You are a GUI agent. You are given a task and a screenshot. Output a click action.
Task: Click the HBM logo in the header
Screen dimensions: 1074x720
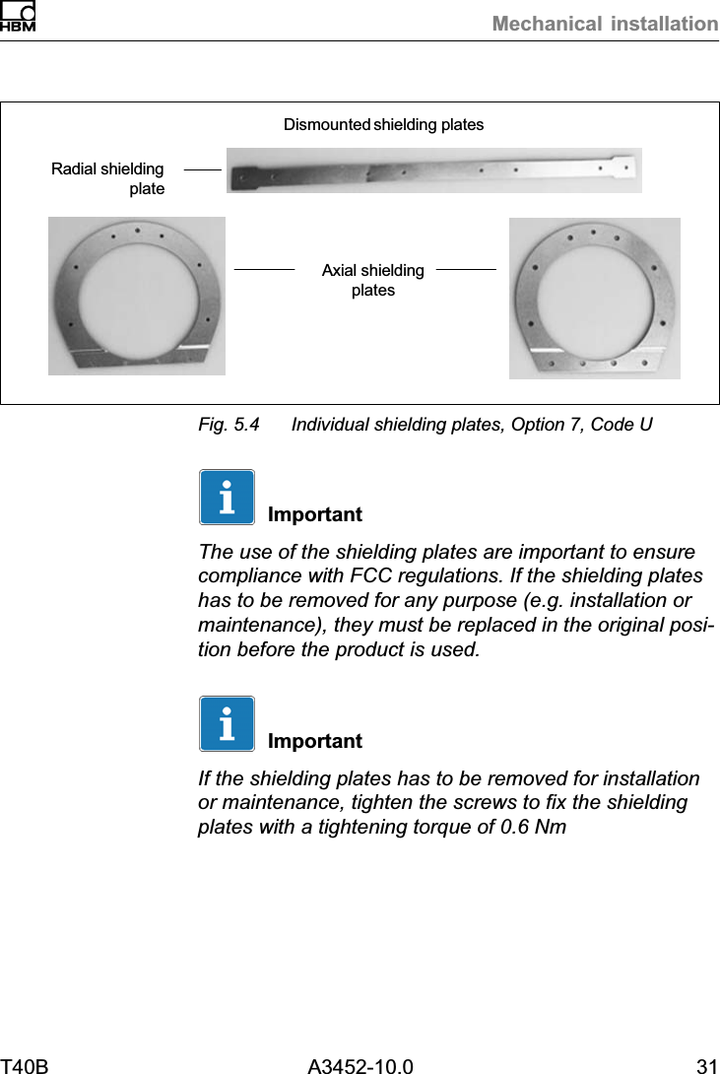click(18, 17)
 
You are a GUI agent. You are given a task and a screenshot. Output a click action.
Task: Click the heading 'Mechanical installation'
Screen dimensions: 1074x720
click(605, 24)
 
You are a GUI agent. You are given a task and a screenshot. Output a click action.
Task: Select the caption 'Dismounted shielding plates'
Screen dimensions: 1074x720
click(383, 125)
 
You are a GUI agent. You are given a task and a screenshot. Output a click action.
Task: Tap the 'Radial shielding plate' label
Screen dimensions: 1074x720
click(108, 178)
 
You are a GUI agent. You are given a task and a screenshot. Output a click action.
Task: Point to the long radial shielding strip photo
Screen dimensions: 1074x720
click(433, 170)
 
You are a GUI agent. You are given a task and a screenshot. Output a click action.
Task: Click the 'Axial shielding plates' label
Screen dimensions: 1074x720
click(373, 280)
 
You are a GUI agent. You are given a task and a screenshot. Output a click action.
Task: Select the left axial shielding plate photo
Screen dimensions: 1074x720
click(137, 296)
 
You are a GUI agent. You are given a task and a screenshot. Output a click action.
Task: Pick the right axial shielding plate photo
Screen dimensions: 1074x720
click(594, 298)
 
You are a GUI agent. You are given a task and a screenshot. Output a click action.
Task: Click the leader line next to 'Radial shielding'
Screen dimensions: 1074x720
click(202, 169)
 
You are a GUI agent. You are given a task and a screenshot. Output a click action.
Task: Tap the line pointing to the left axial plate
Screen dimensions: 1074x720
click(264, 268)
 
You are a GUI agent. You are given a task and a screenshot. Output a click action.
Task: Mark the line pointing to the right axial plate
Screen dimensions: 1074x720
click(466, 268)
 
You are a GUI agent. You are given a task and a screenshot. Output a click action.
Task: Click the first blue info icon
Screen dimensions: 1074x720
click(227, 498)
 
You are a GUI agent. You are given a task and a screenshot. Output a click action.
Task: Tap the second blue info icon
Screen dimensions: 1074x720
click(227, 723)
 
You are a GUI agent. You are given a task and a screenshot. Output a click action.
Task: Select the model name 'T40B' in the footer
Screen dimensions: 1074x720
click(25, 1065)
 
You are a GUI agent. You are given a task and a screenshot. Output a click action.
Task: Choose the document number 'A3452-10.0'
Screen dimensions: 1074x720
click(360, 1065)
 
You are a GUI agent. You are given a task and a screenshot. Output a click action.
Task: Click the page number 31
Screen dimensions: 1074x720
click(706, 1065)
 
